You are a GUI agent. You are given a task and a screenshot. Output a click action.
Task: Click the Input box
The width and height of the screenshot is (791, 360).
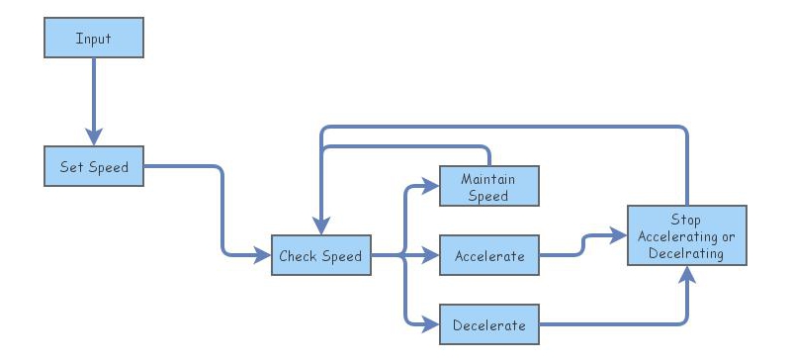[x=94, y=39]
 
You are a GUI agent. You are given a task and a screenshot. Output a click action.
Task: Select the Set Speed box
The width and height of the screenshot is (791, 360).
[x=94, y=166]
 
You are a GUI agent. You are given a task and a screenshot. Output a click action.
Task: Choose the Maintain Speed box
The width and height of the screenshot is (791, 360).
[x=488, y=187]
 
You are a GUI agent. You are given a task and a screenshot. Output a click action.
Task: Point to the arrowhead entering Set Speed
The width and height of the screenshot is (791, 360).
[x=94, y=136]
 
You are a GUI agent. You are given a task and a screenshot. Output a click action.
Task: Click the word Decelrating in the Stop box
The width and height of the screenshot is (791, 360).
[x=685, y=253]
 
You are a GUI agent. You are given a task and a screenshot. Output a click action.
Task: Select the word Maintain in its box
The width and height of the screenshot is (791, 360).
[x=488, y=179]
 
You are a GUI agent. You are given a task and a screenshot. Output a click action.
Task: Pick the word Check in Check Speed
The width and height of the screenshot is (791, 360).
[x=299, y=256]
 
